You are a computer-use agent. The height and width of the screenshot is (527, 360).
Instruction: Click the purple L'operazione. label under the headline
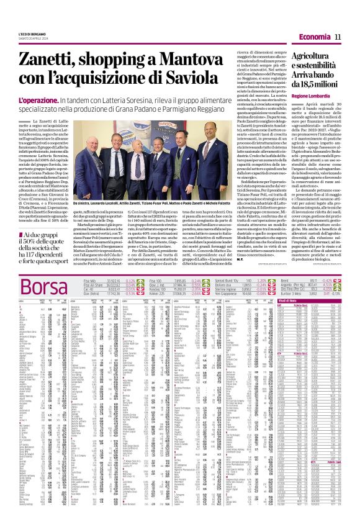pos(40,100)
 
